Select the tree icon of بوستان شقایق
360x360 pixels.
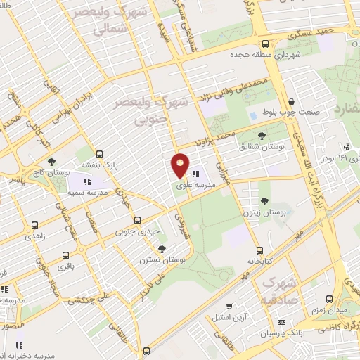tap(262, 135)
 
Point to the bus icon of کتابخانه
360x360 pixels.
tap(259, 250)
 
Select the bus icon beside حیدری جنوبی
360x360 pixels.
tap(137, 220)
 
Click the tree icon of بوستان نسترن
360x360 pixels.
tap(162, 248)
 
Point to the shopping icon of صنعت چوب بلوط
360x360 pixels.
tap(292, 101)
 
